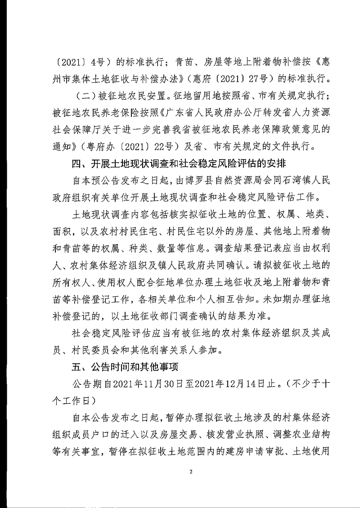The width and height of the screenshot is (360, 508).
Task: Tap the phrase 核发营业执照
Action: coord(231,435)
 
